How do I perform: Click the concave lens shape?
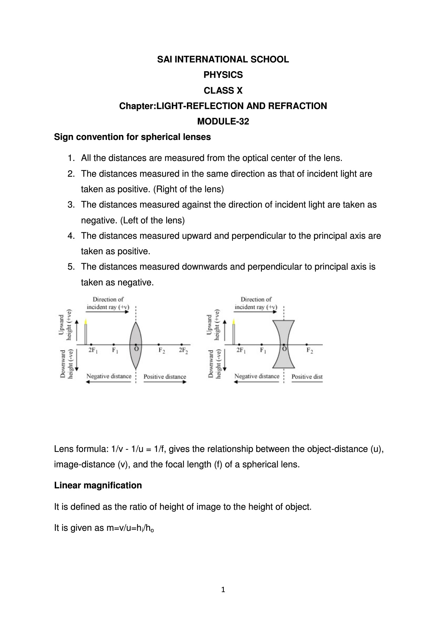(x=283, y=344)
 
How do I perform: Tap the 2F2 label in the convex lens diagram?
(x=183, y=351)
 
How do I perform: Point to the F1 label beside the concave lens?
(x=263, y=350)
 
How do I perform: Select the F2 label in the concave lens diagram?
(x=309, y=350)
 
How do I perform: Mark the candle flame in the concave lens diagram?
(x=234, y=321)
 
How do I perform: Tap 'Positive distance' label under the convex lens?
(x=164, y=376)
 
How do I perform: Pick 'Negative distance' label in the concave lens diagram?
(x=257, y=376)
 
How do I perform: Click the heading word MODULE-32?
(x=223, y=122)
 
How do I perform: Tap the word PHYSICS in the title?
(x=223, y=75)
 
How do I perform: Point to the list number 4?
(x=71, y=236)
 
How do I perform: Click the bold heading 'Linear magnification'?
(x=98, y=485)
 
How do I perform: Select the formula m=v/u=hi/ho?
(x=130, y=528)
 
